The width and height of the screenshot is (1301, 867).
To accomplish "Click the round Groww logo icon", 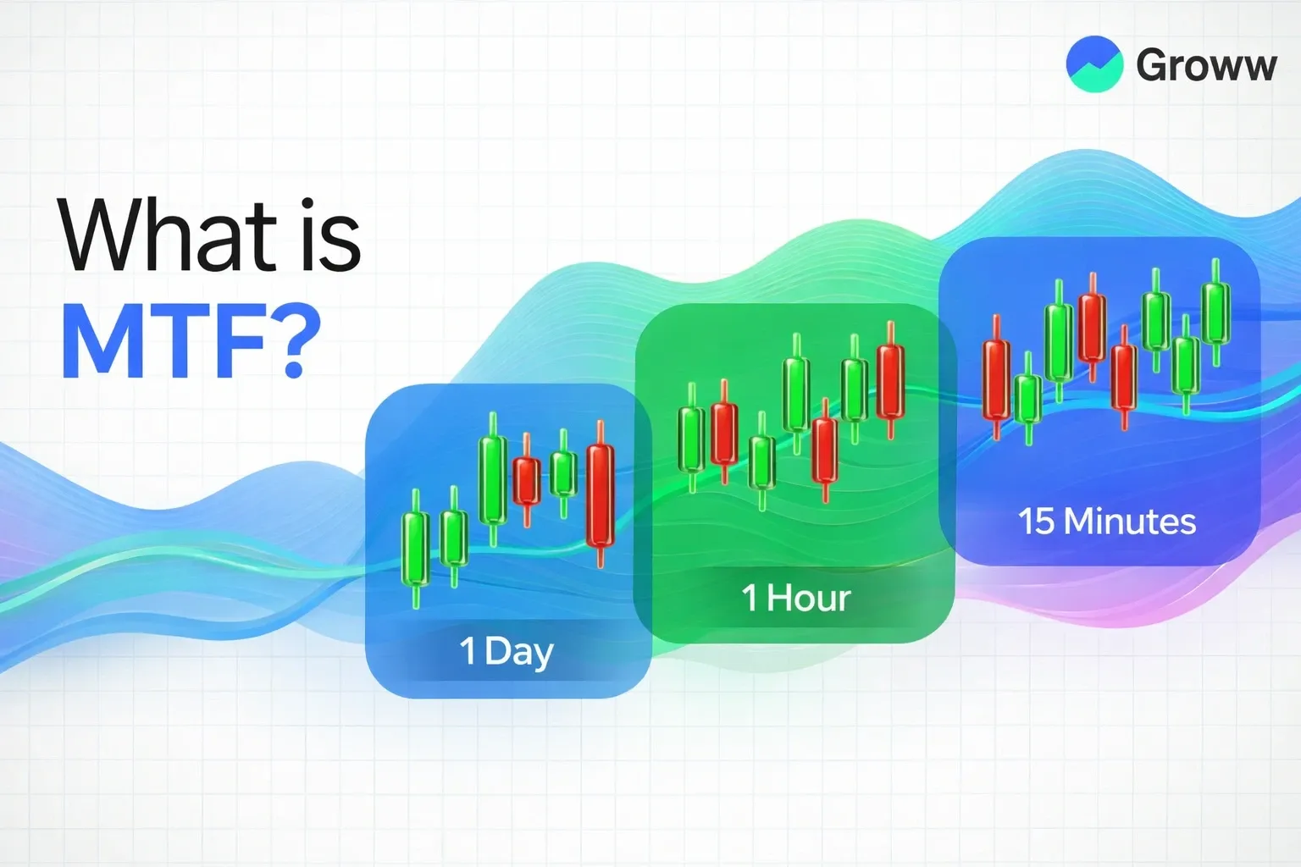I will click(1093, 64).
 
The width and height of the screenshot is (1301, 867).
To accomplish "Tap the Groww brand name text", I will click(1205, 66).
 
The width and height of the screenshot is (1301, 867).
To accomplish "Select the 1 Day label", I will click(507, 651).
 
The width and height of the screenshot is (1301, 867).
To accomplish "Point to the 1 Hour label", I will click(795, 598).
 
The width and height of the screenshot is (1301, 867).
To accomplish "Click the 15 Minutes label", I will click(1106, 521).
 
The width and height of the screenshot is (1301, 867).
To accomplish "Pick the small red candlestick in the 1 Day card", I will click(527, 480).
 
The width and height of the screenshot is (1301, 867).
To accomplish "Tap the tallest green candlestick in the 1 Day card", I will click(493, 478).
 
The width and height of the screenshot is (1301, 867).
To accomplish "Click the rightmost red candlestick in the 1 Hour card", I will click(890, 381).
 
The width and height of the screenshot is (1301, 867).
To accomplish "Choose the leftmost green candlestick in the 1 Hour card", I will click(692, 439).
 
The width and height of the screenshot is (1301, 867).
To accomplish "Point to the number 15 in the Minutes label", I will click(1036, 521).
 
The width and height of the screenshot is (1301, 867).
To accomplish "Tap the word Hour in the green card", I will click(809, 598).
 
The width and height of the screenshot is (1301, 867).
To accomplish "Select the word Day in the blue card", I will click(519, 651).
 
